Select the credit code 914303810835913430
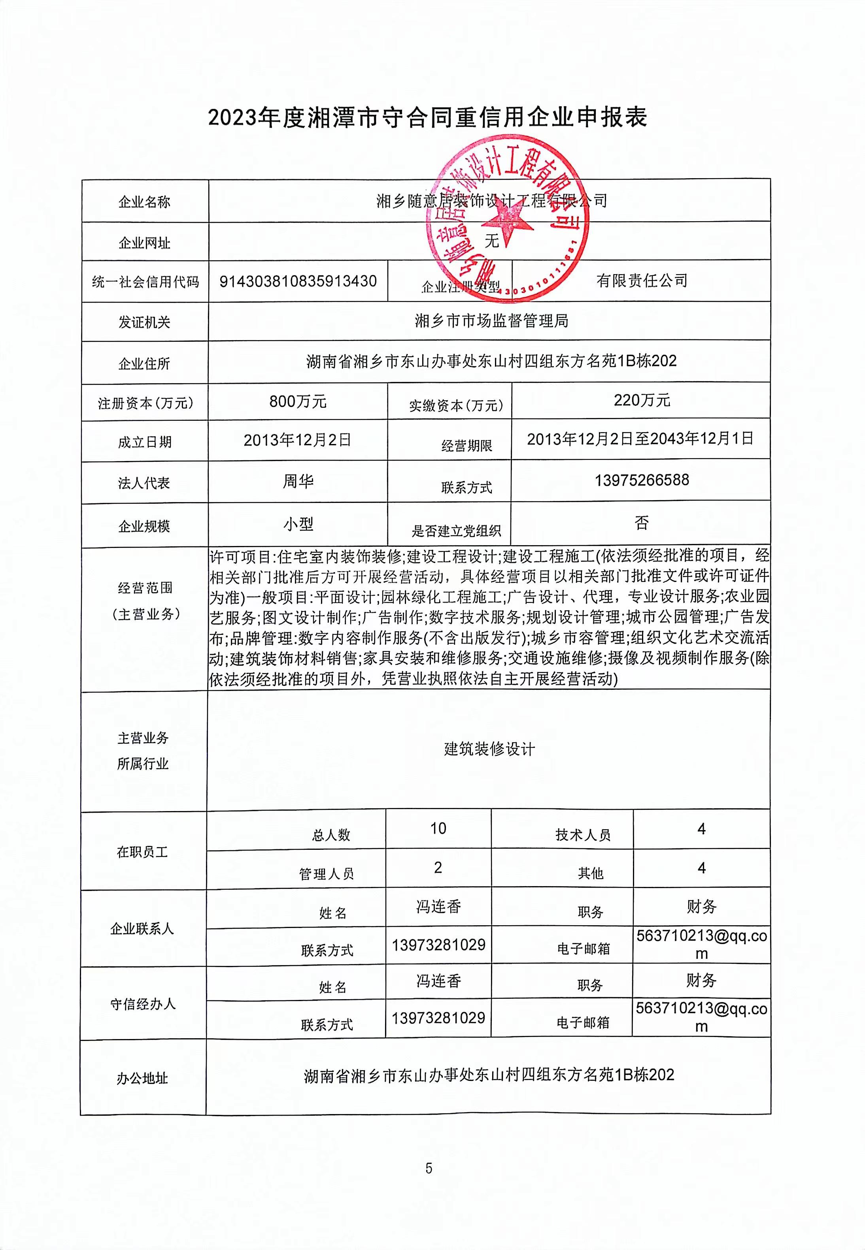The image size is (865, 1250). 298,281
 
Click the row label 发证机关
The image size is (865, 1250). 144,322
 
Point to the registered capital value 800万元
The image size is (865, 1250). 298,402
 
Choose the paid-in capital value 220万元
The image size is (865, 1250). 642,400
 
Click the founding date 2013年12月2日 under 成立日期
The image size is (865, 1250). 298,440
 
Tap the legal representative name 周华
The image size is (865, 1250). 298,481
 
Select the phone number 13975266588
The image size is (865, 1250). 642,480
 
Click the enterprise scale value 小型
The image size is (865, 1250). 298,524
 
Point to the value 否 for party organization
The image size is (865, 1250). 642,523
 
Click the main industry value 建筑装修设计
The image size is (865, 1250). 489,749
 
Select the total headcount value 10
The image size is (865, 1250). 438,828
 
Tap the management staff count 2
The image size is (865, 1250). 438,868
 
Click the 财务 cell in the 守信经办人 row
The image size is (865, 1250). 701,980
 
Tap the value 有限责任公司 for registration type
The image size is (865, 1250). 642,280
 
